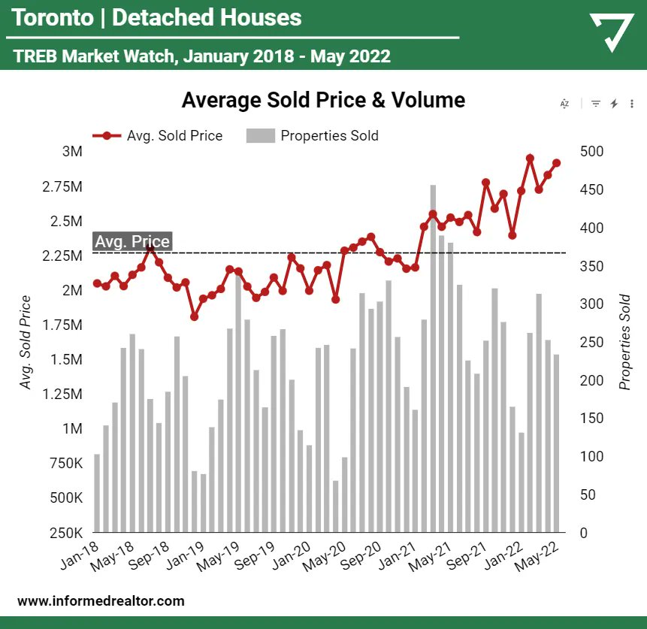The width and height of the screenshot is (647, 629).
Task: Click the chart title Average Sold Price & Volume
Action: tap(323, 100)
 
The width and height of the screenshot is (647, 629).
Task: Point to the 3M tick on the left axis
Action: tap(72, 151)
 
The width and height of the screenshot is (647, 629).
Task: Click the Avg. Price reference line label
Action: tap(132, 241)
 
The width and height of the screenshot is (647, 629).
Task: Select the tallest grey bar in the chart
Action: tap(433, 358)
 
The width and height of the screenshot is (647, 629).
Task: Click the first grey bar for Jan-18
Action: tap(97, 493)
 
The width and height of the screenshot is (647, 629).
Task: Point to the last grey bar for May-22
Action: tap(557, 443)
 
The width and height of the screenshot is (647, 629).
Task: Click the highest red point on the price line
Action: tap(530, 159)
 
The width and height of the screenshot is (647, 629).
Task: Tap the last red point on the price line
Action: tap(557, 163)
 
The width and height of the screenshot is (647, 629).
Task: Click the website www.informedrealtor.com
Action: tap(100, 601)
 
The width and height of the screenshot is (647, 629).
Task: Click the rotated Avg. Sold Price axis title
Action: tap(26, 343)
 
